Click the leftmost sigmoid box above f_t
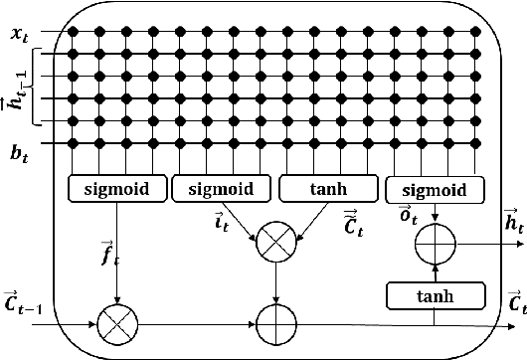(116, 186)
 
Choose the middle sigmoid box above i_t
(221, 186)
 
